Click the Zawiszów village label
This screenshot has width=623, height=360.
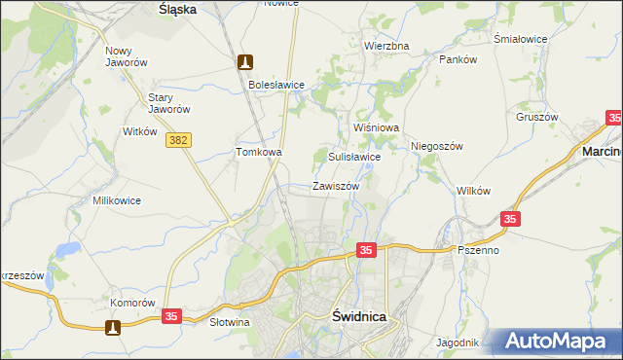336,186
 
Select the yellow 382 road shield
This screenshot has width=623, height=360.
177,141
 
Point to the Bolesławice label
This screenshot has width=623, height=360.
276,86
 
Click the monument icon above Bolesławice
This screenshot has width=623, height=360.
245,62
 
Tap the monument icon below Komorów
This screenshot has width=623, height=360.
115,328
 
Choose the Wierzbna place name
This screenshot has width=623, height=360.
386,46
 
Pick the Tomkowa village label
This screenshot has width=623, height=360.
259,153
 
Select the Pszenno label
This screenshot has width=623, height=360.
478,250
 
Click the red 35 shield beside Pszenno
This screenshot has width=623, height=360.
512,221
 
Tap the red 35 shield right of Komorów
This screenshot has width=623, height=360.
171,317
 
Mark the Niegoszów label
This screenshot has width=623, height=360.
435,146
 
